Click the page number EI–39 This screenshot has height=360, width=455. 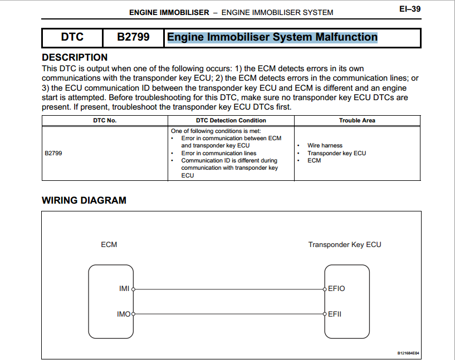tap(409, 9)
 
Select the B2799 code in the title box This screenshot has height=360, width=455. tap(133, 37)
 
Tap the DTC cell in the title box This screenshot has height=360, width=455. tap(72, 37)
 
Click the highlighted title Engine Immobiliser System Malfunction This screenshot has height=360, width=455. tap(272, 37)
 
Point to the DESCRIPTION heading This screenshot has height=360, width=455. tap(75, 57)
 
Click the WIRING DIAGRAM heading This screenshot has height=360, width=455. tap(84, 200)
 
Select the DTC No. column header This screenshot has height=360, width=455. tap(105, 120)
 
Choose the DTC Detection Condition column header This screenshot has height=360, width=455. tap(231, 120)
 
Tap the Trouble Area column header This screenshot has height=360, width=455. tap(357, 120)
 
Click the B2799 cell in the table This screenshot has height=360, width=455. tap(53, 153)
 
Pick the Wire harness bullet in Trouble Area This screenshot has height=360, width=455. tap(325, 146)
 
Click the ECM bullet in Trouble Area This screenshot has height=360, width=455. tap(314, 161)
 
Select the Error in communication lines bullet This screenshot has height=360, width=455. tap(219, 153)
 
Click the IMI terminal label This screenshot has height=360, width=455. tap(124, 289)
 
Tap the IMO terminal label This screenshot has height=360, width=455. tap(123, 314)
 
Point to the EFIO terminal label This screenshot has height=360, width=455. tap(336, 289)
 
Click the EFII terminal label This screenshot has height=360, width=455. tap(335, 314)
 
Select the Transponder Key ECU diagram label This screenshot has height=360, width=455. tap(345, 244)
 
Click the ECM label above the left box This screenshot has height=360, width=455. tap(109, 244)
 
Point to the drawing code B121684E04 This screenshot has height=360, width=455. tap(408, 353)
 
